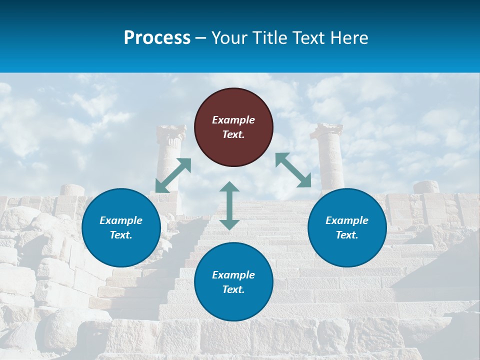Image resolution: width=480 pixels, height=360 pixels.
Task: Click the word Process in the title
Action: tap(157, 37)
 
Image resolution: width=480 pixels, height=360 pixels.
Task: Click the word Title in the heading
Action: tap(268, 37)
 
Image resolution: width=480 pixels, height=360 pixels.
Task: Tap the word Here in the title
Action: tap(348, 37)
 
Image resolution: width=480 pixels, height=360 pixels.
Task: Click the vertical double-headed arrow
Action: tap(229, 205)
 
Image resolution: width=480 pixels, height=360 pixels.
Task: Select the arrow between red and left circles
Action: tap(173, 175)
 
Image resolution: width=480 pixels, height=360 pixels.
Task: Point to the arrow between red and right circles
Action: tap(293, 170)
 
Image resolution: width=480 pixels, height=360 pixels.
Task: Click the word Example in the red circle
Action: tap(233, 120)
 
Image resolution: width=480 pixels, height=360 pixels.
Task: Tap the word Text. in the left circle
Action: tap(121, 235)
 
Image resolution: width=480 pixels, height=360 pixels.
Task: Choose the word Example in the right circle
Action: tap(347, 220)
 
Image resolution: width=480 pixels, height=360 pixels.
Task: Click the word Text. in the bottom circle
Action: tap(233, 289)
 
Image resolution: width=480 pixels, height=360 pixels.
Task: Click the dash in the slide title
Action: tap(200, 38)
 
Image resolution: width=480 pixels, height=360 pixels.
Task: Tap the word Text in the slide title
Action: tap(306, 37)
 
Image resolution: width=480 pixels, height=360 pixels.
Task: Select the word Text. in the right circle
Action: tap(347, 235)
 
